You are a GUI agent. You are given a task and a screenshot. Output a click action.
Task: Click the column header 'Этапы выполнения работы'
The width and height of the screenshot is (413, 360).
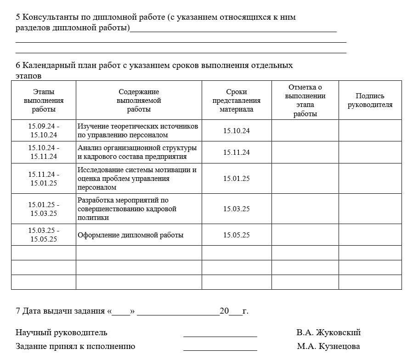[x=44, y=101]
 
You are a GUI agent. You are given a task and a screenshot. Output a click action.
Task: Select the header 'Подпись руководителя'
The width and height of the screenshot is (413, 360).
[x=370, y=101]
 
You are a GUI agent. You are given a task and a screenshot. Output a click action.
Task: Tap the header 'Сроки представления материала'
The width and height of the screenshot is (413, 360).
[x=236, y=101]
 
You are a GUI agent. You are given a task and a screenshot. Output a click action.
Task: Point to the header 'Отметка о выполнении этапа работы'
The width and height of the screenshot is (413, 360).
[x=305, y=101]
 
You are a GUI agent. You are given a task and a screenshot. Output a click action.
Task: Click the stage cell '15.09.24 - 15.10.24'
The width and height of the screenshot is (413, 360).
[x=44, y=130]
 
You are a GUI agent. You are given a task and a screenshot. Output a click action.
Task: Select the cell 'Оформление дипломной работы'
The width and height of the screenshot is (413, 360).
[x=130, y=235]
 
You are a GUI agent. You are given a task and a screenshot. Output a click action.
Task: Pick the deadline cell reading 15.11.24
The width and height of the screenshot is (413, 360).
[x=236, y=152]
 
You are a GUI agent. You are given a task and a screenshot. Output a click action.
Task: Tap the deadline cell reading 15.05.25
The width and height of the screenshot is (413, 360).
[x=236, y=235]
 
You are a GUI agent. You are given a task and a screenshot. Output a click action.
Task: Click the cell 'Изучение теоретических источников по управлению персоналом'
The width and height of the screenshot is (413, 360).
[x=138, y=130]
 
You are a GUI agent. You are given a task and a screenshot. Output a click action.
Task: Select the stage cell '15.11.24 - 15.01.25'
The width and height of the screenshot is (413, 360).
[x=44, y=179]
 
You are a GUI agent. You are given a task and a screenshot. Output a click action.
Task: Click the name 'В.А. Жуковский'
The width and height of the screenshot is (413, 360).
[x=328, y=332]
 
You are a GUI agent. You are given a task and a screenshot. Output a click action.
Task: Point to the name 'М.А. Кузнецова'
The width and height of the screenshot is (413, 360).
[x=328, y=346]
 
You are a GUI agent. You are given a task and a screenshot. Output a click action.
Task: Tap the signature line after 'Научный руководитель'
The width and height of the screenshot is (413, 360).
[x=220, y=336]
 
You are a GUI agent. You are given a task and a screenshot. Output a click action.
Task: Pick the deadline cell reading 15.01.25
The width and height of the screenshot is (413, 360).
[x=236, y=179]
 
